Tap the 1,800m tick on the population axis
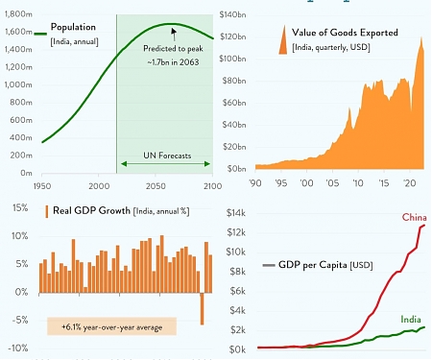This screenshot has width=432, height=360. (x=16, y=14)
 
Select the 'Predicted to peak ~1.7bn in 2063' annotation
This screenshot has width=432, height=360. (x=173, y=55)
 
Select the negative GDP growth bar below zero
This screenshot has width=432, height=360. (x=203, y=308)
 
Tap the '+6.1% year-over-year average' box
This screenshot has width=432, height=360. (x=111, y=326)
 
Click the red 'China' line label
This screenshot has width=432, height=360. (x=414, y=218)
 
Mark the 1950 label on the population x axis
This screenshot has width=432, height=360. (x=42, y=183)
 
